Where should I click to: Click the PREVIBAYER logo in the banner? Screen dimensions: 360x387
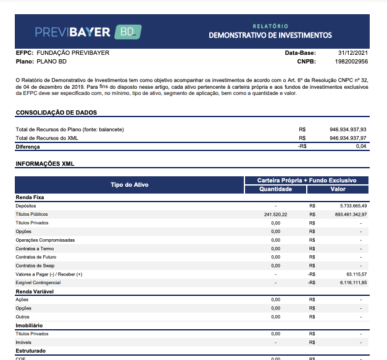coord(72,31)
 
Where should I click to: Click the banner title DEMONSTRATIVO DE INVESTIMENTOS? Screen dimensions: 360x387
coord(270,35)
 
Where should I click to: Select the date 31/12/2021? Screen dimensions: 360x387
coord(353,53)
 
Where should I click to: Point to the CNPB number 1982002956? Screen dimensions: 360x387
coord(351,62)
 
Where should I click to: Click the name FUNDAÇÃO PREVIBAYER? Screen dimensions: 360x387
coord(73,53)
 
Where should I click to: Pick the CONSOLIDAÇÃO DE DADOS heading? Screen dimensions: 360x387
coord(56,113)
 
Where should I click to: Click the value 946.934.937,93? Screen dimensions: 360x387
coord(348,129)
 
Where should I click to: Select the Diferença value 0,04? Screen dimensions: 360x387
coord(361,147)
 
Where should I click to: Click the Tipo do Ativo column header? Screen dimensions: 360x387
coord(129,185)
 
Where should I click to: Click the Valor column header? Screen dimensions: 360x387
coord(338,189)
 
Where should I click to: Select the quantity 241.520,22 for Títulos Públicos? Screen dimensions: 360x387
coord(275,214)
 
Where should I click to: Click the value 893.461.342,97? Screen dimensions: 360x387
coord(348,214)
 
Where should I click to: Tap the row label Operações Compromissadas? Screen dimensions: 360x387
coord(45,240)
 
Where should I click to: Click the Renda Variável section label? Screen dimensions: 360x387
coord(35,291)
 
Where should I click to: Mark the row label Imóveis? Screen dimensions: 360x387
coord(23,342)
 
